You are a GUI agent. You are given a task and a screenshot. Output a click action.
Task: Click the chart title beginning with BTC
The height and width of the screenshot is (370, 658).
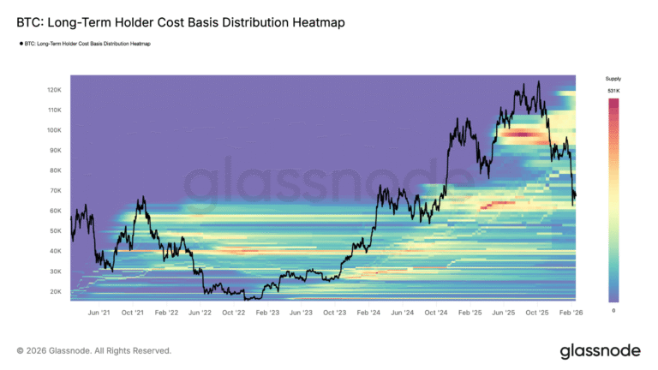click(x=181, y=23)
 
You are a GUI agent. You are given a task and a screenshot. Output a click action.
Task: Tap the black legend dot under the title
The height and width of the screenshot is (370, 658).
click(x=20, y=42)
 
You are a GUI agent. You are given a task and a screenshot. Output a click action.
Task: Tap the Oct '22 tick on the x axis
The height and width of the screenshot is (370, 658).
click(x=235, y=313)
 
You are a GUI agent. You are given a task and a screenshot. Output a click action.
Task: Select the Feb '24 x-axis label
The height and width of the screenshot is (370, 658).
click(x=368, y=313)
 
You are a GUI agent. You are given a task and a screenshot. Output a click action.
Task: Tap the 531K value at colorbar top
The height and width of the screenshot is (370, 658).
click(x=613, y=91)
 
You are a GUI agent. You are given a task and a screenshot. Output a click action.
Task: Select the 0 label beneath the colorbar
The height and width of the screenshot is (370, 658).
click(x=613, y=309)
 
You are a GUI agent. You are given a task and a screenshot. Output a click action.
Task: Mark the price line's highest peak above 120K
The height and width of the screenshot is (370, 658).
click(x=538, y=82)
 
